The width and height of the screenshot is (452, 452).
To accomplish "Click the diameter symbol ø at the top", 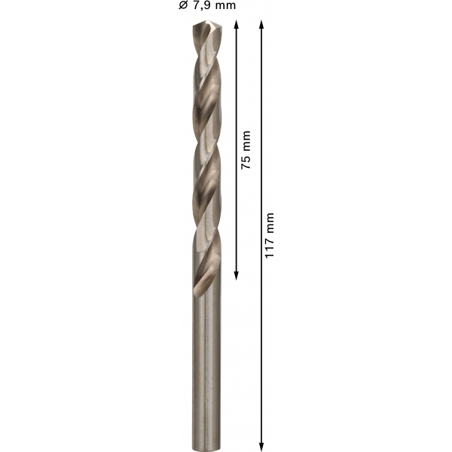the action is click(x=183, y=5).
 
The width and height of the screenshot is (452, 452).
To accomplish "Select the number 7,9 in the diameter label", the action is click(x=200, y=5).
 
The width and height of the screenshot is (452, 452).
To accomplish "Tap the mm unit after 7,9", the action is click(x=224, y=5).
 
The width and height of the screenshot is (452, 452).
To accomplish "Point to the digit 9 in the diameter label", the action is click(x=204, y=5).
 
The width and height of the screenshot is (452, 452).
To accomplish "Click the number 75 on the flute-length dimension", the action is click(x=246, y=163).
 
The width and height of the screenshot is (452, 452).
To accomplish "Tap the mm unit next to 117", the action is click(x=269, y=223).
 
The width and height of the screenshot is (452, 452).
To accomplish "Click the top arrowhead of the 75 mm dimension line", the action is click(x=237, y=24).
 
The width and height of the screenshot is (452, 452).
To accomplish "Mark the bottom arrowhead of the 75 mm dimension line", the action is click(x=237, y=275).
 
